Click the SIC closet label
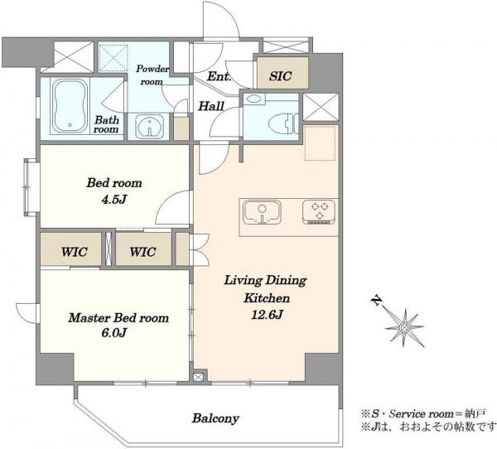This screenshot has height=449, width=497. tap(281, 76)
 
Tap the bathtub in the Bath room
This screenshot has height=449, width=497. tap(70, 106)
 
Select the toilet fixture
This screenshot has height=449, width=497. tap(283, 123)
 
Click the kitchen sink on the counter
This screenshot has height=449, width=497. tap(262, 213)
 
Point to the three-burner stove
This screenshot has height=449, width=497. tap(319, 212)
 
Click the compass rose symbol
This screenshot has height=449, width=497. tap(404, 327)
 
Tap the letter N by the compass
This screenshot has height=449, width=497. tap(377, 301)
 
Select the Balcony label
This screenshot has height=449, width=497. tap(215, 418)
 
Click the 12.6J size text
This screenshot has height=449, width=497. tap(267, 315)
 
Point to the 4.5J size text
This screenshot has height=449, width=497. tap(114, 199)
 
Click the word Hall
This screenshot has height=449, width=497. tap(211, 106)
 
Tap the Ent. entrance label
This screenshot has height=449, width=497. tap(219, 76)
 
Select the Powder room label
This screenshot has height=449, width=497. tap(152, 75)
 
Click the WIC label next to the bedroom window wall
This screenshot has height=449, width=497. tap(75, 252)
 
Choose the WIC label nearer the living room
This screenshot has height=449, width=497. tap(142, 252)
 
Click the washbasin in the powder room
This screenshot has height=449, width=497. tap(149, 127)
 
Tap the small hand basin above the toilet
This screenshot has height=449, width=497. tap(253, 99)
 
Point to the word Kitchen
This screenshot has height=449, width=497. tap(267, 298)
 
